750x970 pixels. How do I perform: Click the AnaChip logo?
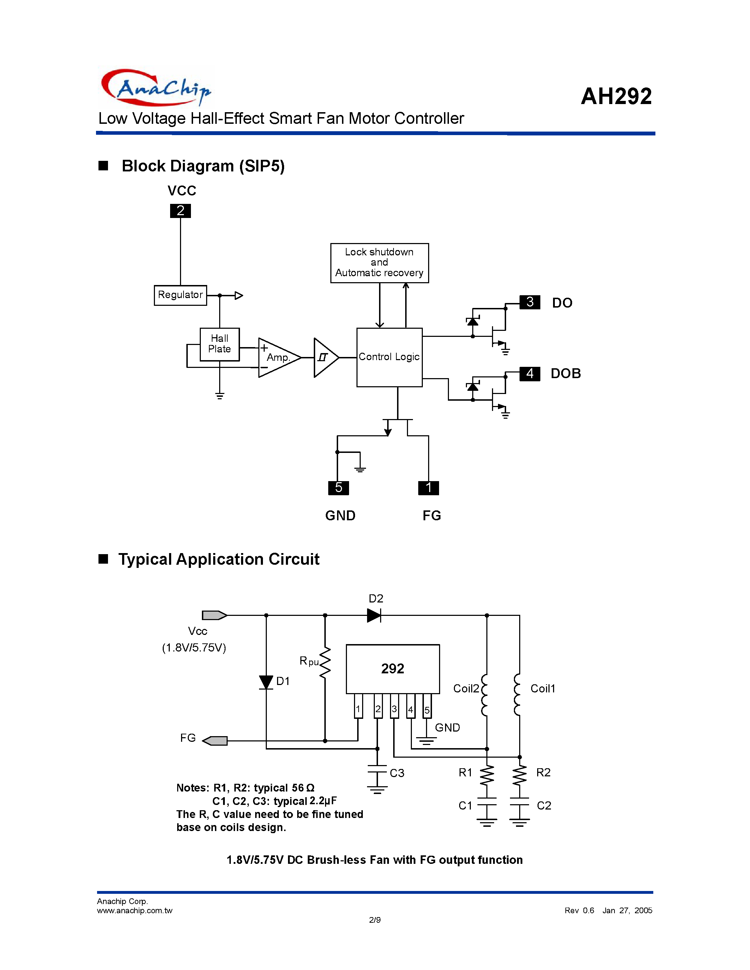click(x=156, y=87)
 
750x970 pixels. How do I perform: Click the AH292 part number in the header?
click(x=616, y=96)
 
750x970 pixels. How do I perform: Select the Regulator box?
click(x=180, y=295)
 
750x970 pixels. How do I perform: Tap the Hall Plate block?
click(x=220, y=344)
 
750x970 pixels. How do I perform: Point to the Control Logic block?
click(x=389, y=357)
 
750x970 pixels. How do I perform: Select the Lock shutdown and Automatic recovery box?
click(x=379, y=262)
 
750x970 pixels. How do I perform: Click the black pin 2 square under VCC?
click(x=180, y=211)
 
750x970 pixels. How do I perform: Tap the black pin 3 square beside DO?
click(x=530, y=302)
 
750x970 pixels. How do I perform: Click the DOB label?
click(x=566, y=373)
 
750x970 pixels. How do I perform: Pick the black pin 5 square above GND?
click(x=338, y=488)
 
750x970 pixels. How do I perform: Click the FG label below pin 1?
click(x=431, y=516)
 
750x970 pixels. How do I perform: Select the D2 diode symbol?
click(x=374, y=615)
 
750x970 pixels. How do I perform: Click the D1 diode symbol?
click(x=266, y=682)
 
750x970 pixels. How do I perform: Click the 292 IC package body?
click(x=393, y=668)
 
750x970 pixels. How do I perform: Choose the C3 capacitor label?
click(x=397, y=773)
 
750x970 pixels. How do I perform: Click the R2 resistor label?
click(x=544, y=772)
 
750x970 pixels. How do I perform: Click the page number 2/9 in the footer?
click(x=374, y=920)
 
